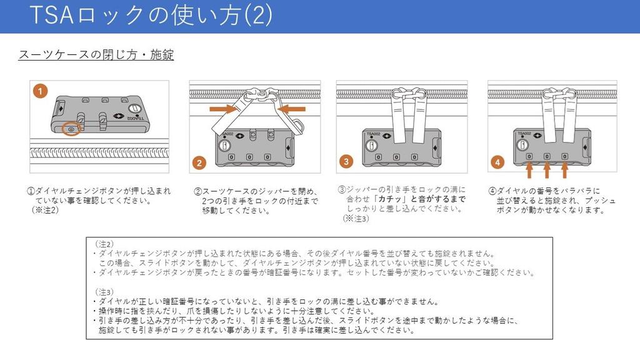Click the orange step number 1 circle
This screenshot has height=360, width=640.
[x=41, y=91]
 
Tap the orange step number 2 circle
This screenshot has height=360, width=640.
[x=199, y=163]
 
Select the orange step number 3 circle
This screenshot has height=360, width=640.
[x=346, y=161]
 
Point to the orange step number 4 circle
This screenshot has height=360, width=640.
[x=497, y=162]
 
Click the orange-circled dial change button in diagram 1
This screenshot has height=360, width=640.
[x=71, y=129]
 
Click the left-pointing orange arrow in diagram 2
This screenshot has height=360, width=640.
[x=291, y=109]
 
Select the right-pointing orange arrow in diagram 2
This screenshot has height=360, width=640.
[x=224, y=109]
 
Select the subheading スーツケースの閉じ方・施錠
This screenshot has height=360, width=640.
[x=96, y=54]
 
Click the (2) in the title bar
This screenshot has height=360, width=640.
[x=258, y=15]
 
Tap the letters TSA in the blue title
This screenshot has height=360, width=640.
[x=51, y=15]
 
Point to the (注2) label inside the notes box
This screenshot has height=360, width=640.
[x=104, y=244]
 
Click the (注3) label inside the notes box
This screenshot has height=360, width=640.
[x=104, y=292]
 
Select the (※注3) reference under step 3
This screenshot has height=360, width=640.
[x=356, y=219]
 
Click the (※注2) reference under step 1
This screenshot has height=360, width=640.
[x=45, y=210]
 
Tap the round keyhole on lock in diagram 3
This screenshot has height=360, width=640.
[x=371, y=146]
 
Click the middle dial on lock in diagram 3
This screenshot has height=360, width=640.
[x=396, y=157]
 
